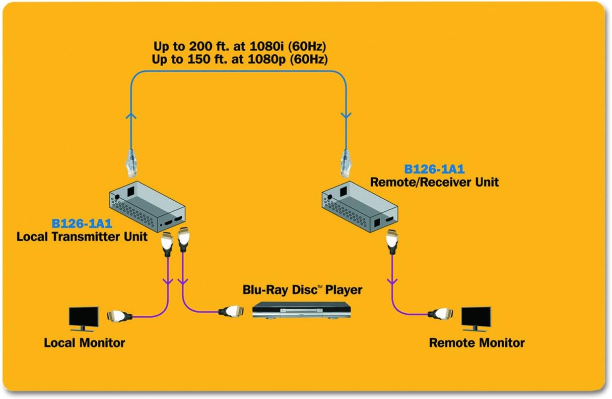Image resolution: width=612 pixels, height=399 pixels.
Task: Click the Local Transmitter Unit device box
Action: tap(147, 209)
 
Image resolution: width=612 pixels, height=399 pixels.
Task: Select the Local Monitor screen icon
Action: tap(85, 317)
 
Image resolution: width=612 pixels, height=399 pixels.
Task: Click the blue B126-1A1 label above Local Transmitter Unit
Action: tap(83, 223)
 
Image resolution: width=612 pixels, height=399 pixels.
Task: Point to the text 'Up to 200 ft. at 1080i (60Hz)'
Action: tap(240, 47)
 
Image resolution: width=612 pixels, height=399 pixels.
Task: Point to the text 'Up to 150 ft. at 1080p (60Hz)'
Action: tap(240, 60)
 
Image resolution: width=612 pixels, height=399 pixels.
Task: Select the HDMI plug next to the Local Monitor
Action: tap(120, 316)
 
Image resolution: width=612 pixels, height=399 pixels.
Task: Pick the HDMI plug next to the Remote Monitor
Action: tap(442, 314)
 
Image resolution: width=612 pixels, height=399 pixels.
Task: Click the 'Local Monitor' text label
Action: tap(84, 343)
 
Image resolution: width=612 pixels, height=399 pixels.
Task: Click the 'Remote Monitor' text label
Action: tap(477, 343)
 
